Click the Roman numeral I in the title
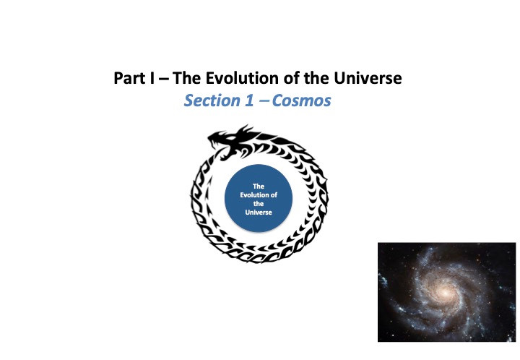[x=152, y=78]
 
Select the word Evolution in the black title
[x=242, y=78]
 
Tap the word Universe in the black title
[x=368, y=78]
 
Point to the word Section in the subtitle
[x=212, y=100]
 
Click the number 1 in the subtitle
[x=249, y=100]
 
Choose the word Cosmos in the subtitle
[x=301, y=100]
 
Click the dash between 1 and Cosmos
[x=264, y=101]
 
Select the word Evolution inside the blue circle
[x=255, y=195]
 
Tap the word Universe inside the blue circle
[x=259, y=213]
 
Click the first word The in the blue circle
[x=259, y=187]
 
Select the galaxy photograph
[x=447, y=292]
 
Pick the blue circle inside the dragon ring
[x=259, y=198]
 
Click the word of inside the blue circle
[x=274, y=195]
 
